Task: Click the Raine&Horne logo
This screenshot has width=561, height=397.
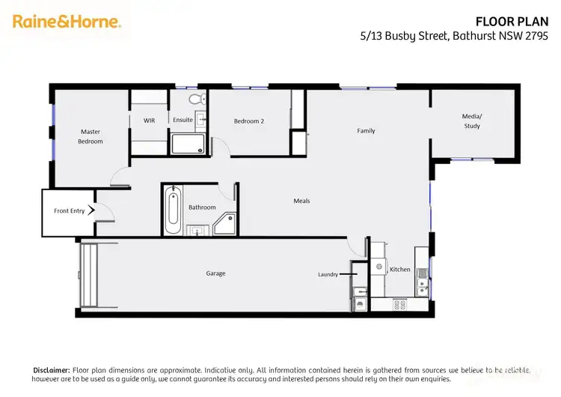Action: tap(67, 22)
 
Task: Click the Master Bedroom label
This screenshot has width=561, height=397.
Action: tap(91, 136)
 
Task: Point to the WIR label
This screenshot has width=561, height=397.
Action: tap(149, 120)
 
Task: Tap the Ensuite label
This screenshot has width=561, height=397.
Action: tap(183, 120)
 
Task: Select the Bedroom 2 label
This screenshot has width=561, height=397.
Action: tap(248, 121)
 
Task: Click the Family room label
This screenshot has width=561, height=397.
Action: tap(366, 131)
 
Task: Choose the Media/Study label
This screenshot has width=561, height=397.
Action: tap(472, 121)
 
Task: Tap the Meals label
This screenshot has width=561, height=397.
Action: tap(301, 201)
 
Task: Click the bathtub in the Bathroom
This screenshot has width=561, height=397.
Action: tap(173, 210)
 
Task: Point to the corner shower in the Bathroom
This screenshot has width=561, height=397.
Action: tap(225, 222)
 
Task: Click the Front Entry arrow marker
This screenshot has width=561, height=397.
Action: tap(92, 211)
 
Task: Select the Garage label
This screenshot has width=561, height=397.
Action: tap(215, 273)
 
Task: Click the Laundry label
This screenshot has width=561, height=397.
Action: tap(328, 275)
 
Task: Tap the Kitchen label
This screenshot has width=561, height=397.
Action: tap(399, 269)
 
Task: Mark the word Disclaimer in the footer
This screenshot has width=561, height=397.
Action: tap(51, 370)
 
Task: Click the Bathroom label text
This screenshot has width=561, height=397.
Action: tap(202, 207)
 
